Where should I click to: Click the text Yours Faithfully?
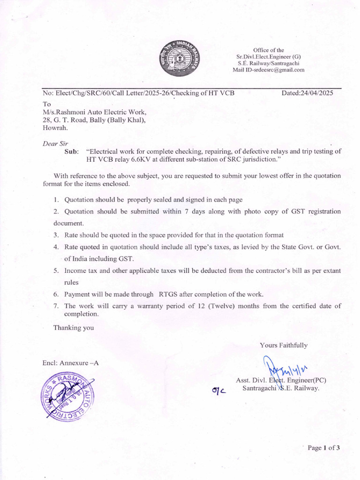284,345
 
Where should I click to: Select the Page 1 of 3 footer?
323,448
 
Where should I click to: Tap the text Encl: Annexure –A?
71,363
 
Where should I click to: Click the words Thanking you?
74,328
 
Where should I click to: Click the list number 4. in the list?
56,247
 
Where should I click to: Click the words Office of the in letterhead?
269,50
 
